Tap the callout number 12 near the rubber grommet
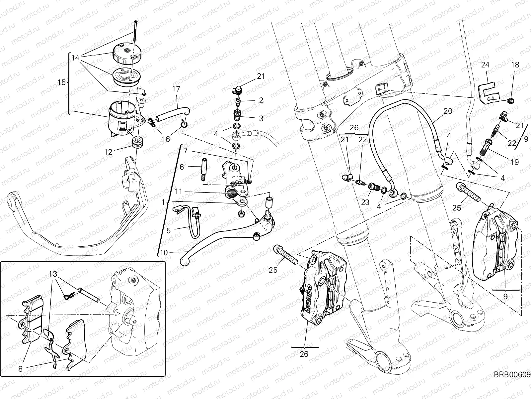pos(108,152)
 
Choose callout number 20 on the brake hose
pos(448,111)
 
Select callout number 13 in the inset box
pos(52,274)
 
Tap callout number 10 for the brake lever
pos(164,253)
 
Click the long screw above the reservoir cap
pos(135,31)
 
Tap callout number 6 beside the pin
pos(182,167)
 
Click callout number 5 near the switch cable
pos(168,230)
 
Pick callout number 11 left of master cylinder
pos(178,192)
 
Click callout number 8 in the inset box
pos(21,368)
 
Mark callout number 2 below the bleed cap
pos(261,100)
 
